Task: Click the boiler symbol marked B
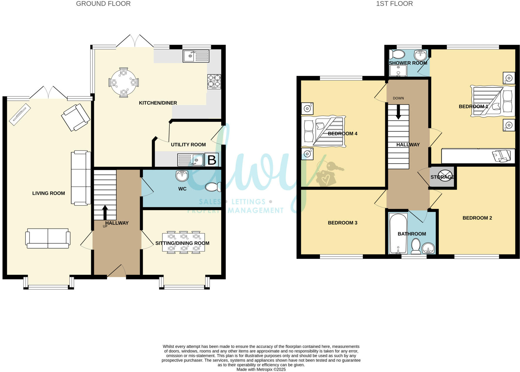point(212,160)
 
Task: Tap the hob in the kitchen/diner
point(214,82)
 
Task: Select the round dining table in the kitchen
point(124,82)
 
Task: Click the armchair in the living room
point(76,117)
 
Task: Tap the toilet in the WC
point(213,187)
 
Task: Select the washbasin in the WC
point(182,176)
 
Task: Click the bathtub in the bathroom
point(398,233)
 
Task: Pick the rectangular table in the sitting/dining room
point(184,243)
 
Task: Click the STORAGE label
point(442,177)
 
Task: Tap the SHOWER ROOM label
point(408,63)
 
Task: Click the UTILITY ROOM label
point(188,145)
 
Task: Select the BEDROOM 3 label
point(342,223)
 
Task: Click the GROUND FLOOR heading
point(103,4)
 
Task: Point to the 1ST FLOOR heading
point(394,4)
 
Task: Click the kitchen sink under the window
point(196,56)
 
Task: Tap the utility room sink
point(191,160)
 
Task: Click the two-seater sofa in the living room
point(48,238)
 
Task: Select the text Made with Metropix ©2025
point(261,369)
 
